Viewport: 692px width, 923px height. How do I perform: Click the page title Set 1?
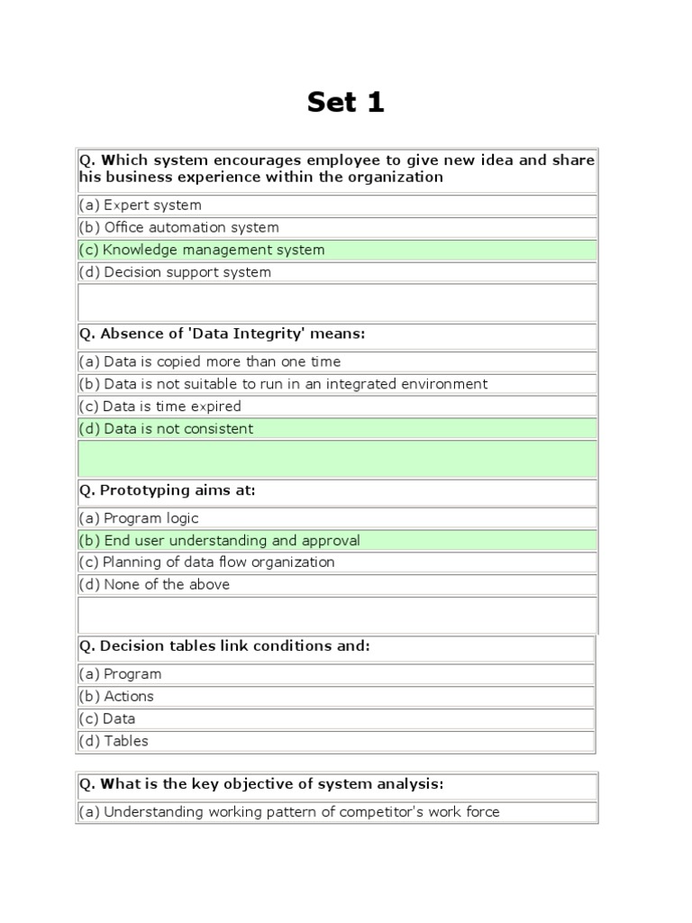[x=345, y=102]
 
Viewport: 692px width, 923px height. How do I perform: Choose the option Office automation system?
[x=179, y=228]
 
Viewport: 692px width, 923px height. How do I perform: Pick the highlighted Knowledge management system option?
[x=202, y=250]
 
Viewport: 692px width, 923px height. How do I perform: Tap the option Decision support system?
[x=175, y=272]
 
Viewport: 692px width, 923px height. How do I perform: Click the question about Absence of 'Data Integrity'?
[x=223, y=334]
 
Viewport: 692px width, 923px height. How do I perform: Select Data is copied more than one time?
[x=210, y=361]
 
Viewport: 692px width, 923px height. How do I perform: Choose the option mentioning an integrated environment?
[x=283, y=384]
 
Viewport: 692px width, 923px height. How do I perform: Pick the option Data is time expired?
[x=160, y=407]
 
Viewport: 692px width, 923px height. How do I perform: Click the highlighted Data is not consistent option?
[x=167, y=429]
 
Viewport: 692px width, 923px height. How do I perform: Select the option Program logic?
[x=139, y=518]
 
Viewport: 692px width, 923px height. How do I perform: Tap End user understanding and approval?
[x=220, y=541]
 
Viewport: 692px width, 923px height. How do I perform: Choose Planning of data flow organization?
[x=207, y=562]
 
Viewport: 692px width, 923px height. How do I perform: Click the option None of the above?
[x=154, y=585]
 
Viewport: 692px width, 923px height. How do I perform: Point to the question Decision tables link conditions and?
[x=224, y=647]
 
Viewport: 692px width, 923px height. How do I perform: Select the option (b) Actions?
[x=116, y=697]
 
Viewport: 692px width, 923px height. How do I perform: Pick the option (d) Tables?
[x=114, y=742]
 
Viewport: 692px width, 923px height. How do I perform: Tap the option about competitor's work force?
[x=289, y=812]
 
